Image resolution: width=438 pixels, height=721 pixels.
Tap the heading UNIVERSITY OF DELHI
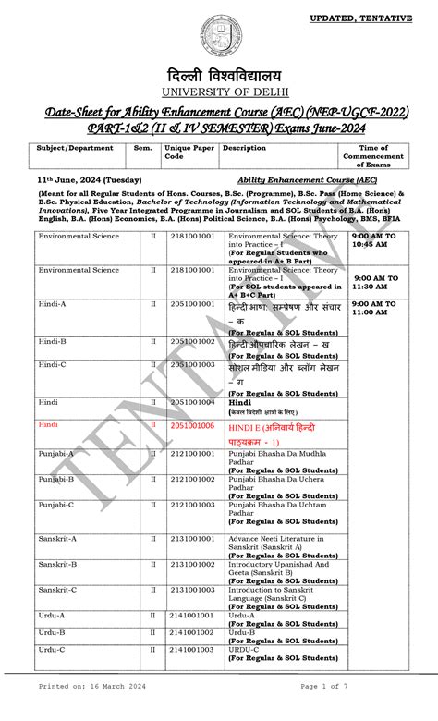[219, 92]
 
